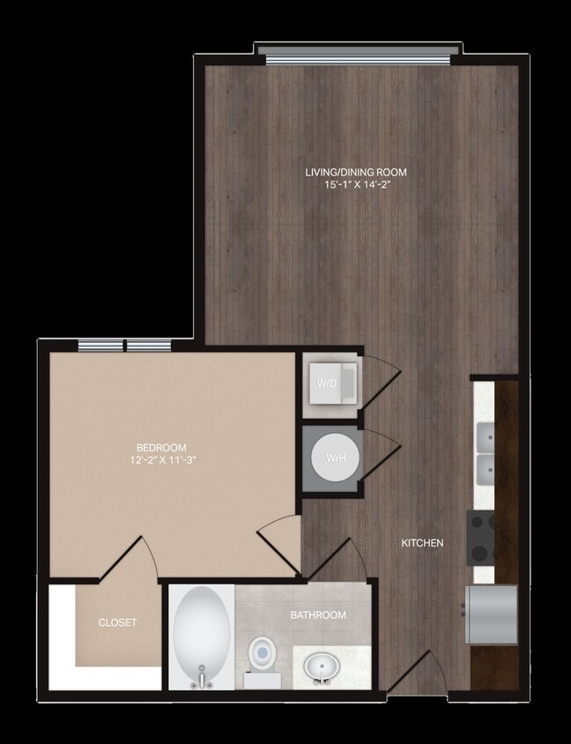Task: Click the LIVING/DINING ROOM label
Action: (x=356, y=172)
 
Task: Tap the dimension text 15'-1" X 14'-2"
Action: (x=356, y=185)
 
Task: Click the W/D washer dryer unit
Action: (x=331, y=384)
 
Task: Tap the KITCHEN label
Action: (x=422, y=543)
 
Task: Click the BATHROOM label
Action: (x=318, y=614)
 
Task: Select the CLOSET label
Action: (x=117, y=622)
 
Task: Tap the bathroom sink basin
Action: (x=323, y=668)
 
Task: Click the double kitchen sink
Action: (x=485, y=451)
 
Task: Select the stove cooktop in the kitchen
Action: (x=481, y=538)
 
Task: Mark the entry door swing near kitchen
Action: (x=412, y=674)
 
